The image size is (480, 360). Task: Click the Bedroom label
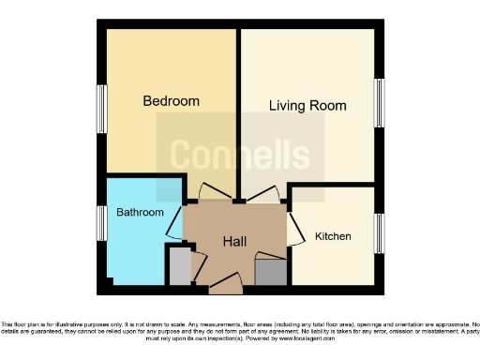point(171,100)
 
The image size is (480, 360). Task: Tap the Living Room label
point(307,106)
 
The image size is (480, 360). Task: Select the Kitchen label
point(333,236)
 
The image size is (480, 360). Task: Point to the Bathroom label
point(140,213)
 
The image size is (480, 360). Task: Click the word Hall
point(234,242)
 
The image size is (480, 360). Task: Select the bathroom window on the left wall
point(100,223)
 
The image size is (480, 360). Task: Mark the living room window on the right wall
point(380,102)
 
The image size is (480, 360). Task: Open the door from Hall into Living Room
point(262,194)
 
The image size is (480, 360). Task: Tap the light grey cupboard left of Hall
point(177,266)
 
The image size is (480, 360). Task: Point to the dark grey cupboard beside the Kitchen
point(270,272)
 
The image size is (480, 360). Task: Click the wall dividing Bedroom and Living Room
point(238,112)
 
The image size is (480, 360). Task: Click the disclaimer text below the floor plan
point(240,327)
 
